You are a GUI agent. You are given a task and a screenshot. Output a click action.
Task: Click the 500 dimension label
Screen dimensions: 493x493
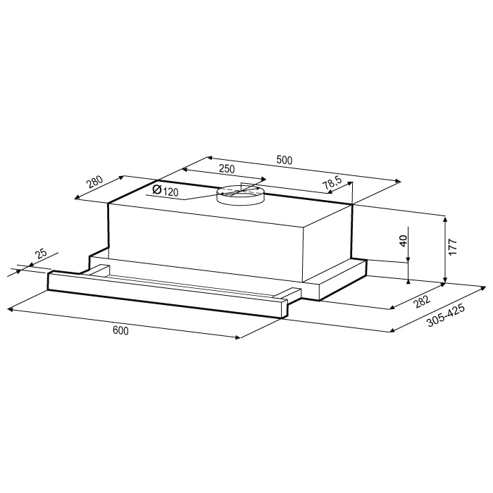point(285,160)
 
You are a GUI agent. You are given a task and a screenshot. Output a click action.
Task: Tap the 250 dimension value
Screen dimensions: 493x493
point(227,169)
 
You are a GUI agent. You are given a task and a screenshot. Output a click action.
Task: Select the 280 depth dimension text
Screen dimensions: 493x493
point(95,182)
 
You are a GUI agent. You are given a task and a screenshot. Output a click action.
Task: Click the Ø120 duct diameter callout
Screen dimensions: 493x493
point(165,190)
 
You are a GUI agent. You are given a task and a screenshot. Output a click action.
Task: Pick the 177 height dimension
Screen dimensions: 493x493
point(452,246)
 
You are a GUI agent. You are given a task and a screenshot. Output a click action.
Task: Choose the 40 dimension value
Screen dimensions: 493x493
point(404,241)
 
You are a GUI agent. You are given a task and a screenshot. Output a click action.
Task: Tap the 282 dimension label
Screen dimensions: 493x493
point(422,301)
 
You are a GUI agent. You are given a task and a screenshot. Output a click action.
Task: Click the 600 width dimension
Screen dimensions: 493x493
point(120,330)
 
